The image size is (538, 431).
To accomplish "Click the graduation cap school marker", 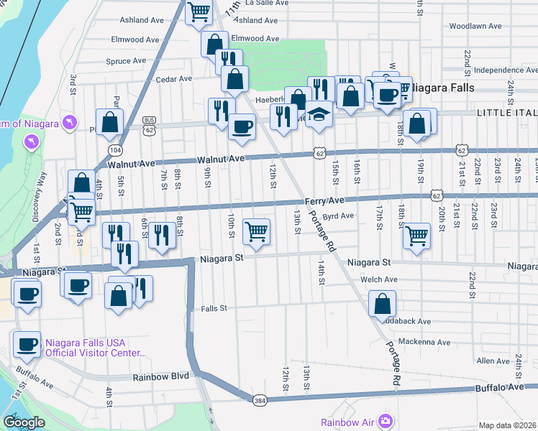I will pyautogui.click(x=318, y=114).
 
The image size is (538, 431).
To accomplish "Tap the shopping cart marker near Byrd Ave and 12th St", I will pyautogui.click(x=256, y=231).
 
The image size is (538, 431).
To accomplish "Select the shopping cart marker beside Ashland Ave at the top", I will pyautogui.click(x=198, y=11).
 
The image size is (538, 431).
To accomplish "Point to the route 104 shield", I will pyautogui.click(x=115, y=149).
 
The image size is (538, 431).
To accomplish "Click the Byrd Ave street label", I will pyautogui.click(x=338, y=215).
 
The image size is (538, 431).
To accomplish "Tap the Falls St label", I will pyautogui.click(x=214, y=308).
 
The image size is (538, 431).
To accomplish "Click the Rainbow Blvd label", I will pyautogui.click(x=160, y=376).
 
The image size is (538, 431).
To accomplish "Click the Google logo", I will pyautogui.click(x=24, y=422).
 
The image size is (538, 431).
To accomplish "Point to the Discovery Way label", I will pyautogui.click(x=45, y=197).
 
